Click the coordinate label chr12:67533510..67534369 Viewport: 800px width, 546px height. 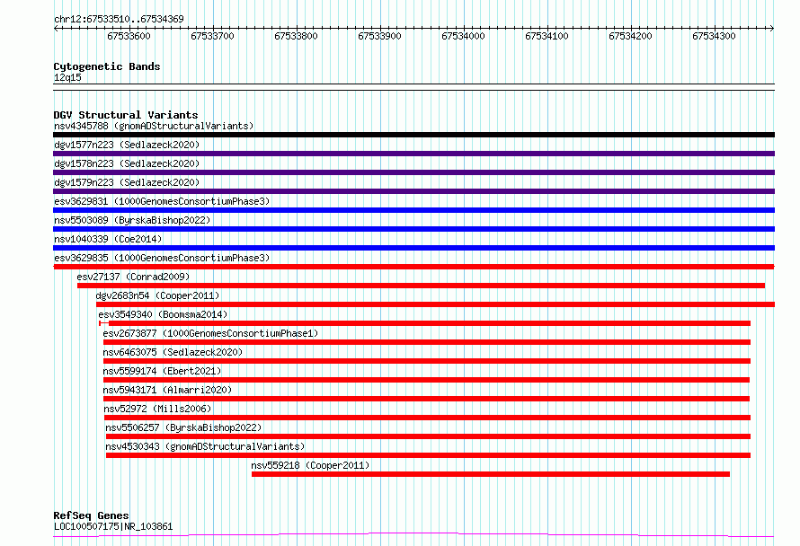[x=119, y=20]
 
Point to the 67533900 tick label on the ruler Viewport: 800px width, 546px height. [x=379, y=36]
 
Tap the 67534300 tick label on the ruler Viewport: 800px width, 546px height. [x=714, y=36]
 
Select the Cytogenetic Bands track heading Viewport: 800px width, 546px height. [x=107, y=66]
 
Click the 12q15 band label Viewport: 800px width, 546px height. [x=67, y=77]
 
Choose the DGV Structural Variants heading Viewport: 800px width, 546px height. [x=126, y=115]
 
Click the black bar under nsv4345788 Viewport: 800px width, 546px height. [x=413, y=135]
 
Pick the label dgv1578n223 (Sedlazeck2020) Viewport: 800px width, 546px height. [x=127, y=163]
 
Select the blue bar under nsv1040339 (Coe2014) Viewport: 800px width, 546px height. [x=413, y=248]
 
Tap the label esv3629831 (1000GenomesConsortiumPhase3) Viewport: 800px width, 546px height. [x=162, y=201]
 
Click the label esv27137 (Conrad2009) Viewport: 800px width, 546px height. [x=133, y=277]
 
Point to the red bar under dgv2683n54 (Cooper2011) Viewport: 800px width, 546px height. [x=435, y=304]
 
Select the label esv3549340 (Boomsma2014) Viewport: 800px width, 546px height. [x=163, y=314]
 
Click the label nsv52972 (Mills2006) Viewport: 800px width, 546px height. [x=157, y=409]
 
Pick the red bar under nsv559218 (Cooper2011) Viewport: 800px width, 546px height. [x=490, y=474]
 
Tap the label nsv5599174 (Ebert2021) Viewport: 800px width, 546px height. [x=162, y=371]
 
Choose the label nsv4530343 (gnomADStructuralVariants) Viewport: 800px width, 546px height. [x=205, y=446]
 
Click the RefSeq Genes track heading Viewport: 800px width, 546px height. [x=91, y=515]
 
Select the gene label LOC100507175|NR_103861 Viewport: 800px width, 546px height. [x=113, y=526]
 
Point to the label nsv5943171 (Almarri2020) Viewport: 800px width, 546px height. [x=167, y=390]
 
